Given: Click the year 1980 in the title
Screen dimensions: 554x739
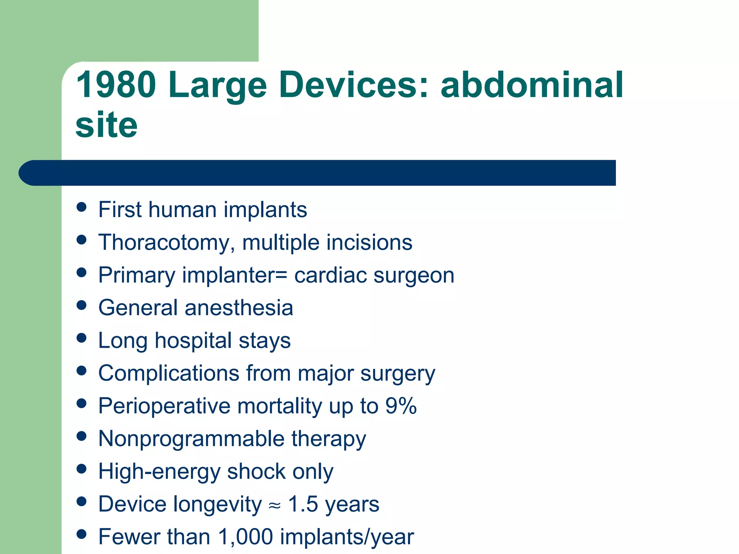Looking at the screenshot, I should [116, 85].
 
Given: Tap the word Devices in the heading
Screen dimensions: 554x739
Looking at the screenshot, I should [354, 85].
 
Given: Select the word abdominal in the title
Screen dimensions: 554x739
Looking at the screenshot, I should [532, 85].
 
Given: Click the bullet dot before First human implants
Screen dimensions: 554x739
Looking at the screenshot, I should [82, 207].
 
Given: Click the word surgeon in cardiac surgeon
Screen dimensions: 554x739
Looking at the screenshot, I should [414, 276].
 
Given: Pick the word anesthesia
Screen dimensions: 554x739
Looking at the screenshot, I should [239, 308].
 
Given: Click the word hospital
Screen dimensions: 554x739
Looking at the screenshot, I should [193, 341].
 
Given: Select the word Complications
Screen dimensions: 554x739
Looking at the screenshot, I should [169, 373].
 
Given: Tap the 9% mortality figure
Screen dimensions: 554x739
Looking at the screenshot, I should [401, 406].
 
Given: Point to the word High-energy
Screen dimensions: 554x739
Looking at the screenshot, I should [159, 472].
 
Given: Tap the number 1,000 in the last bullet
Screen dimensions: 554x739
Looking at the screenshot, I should [245, 537].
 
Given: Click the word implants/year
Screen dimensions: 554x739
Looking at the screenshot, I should [347, 537].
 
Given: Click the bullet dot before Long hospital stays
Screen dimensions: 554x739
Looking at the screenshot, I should [82, 338].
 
